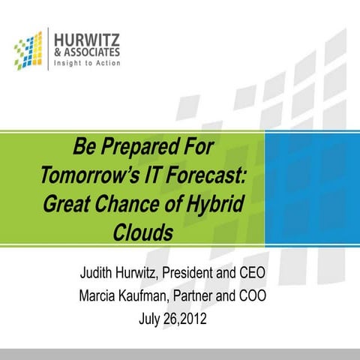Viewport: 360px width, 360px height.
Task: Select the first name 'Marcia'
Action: pos(102,295)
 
